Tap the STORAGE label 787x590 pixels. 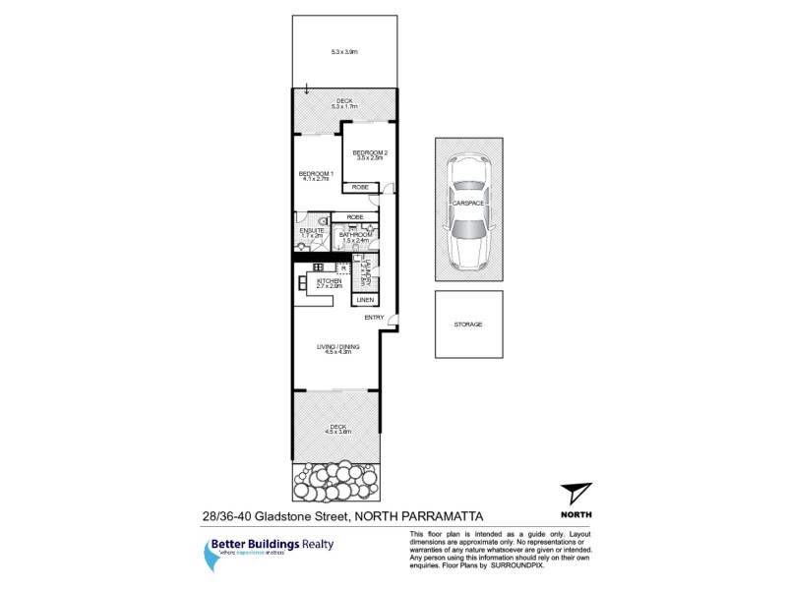click(468, 324)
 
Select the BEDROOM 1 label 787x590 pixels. click(317, 176)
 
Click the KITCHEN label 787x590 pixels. click(328, 282)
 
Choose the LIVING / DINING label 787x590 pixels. click(334, 347)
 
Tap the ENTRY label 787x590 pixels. click(374, 318)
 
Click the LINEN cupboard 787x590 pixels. click(365, 299)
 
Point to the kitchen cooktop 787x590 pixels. click(319, 266)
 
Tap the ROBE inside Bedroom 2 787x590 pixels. click(360, 187)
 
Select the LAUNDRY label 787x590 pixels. click(367, 272)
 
